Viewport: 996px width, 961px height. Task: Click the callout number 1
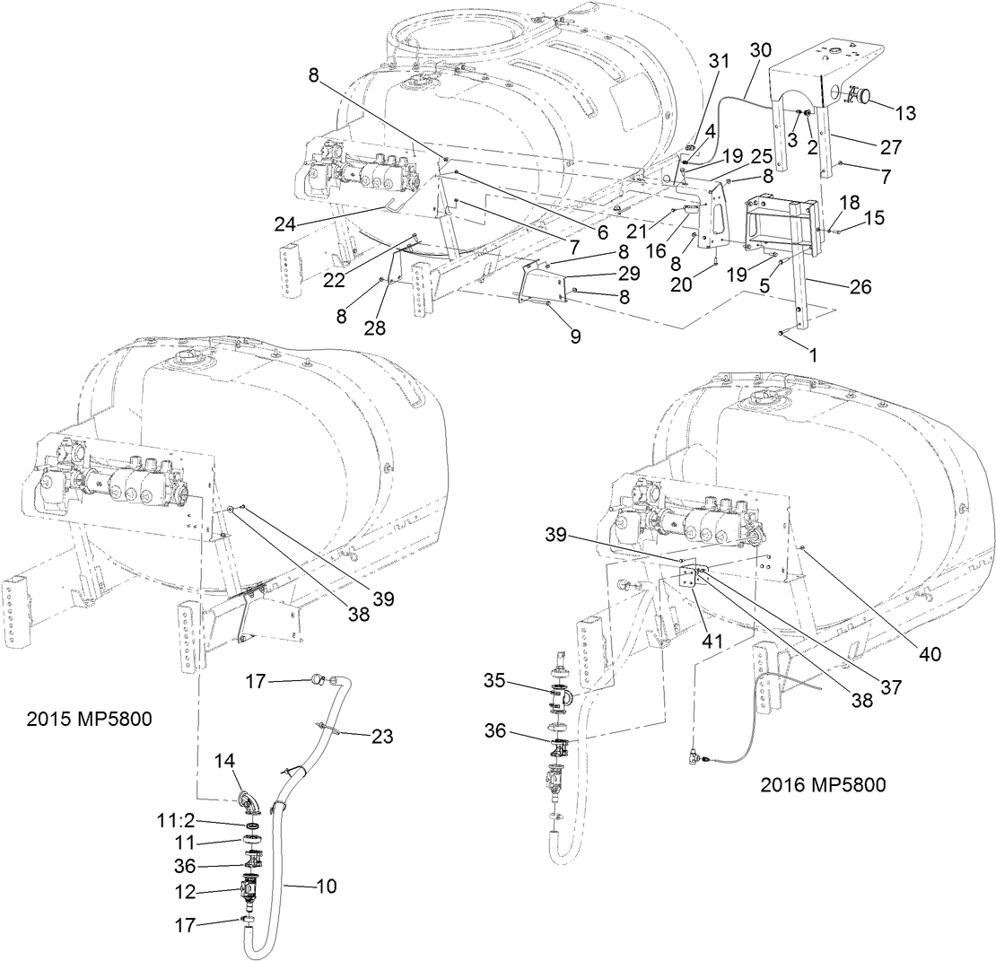pos(813,354)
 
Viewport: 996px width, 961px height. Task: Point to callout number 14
pos(224,762)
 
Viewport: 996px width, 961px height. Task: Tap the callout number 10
pos(327,887)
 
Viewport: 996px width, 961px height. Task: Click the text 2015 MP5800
pos(89,719)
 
